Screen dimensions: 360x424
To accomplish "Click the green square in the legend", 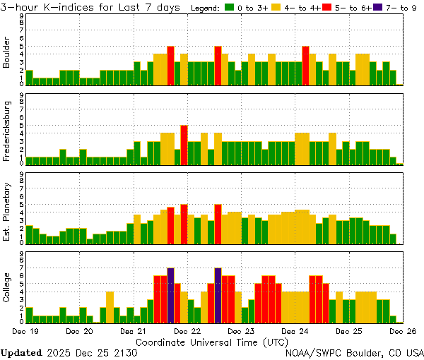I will point(230,8).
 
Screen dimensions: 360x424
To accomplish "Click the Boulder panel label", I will point(8,54).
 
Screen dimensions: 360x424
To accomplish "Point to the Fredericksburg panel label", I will point(8,131).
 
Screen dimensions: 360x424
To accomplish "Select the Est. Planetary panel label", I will point(8,212).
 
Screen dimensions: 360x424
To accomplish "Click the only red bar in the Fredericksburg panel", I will point(184,145).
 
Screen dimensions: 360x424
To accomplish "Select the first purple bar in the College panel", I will point(170,295).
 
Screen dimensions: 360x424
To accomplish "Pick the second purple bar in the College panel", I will point(218,295).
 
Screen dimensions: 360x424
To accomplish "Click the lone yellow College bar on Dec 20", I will point(110,306).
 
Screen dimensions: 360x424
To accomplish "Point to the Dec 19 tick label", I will point(25,330).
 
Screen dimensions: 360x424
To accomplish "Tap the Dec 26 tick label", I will point(403,330).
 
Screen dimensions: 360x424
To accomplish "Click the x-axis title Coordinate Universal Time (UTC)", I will point(213,341).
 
